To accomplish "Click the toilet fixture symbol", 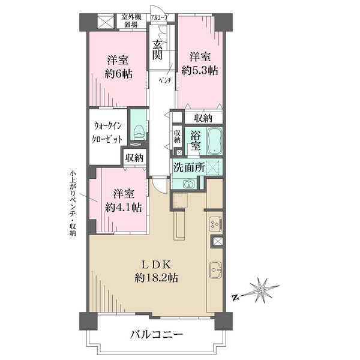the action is pyautogui.click(x=139, y=132).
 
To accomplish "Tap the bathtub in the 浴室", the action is pyautogui.click(x=215, y=140).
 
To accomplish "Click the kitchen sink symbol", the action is pyautogui.click(x=215, y=270).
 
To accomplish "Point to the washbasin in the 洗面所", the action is pyautogui.click(x=188, y=184).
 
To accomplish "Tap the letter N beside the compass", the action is pyautogui.click(x=235, y=298).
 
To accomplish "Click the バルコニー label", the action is pyautogui.click(x=157, y=334).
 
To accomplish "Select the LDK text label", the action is pyautogui.click(x=156, y=265).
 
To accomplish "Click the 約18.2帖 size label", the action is pyautogui.click(x=157, y=278).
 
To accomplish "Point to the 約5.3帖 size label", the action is pyautogui.click(x=200, y=70).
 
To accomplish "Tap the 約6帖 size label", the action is pyautogui.click(x=118, y=74).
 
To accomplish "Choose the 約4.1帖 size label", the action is pyautogui.click(x=124, y=208).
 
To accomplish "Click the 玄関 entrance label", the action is pyautogui.click(x=158, y=50).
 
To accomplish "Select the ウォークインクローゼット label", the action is pyautogui.click(x=107, y=133).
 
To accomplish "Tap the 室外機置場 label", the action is pyautogui.click(x=131, y=20).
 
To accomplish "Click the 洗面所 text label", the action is pyautogui.click(x=189, y=167).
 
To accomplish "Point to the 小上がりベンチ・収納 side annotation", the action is pyautogui.click(x=73, y=203).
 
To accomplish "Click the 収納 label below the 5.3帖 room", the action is pyautogui.click(x=203, y=118).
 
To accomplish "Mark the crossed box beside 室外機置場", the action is pyautogui.click(x=106, y=22).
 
